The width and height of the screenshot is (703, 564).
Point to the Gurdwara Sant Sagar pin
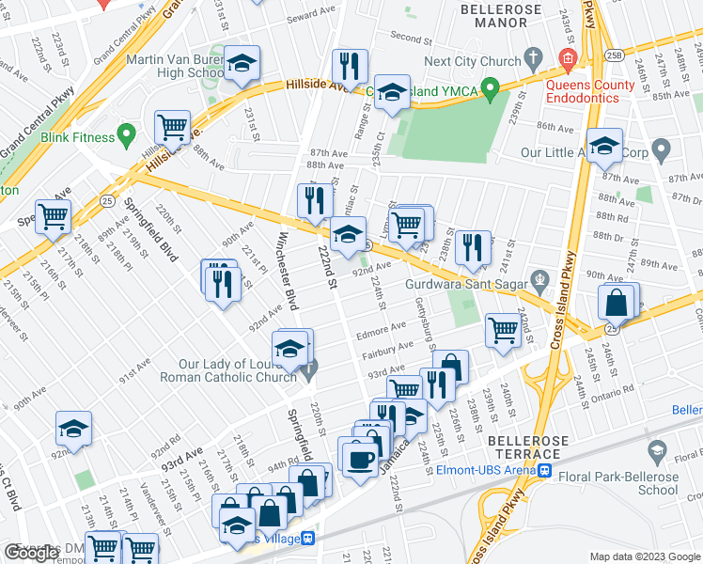tap(539, 279)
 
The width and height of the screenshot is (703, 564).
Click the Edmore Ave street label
tap(381, 328)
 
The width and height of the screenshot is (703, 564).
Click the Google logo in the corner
tap(33, 553)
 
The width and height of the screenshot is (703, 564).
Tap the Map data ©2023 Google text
tap(644, 556)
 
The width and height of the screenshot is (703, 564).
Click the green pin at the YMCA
tap(489, 91)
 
